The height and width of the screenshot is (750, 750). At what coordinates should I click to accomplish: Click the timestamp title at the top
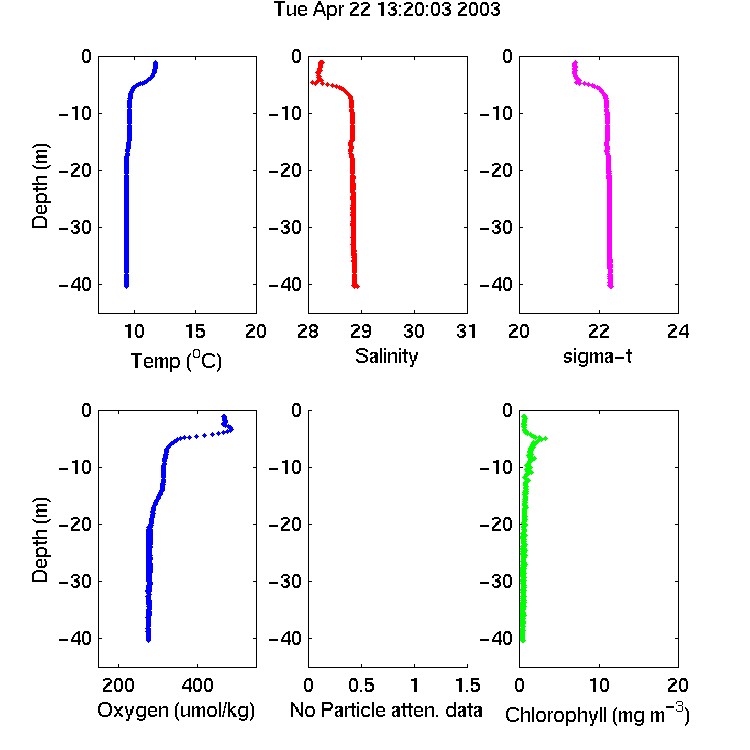click(x=386, y=10)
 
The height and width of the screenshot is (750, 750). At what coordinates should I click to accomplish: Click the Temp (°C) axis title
click(x=176, y=360)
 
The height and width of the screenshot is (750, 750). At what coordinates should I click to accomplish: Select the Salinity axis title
click(x=386, y=356)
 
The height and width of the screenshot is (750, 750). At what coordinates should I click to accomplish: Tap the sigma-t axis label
click(x=597, y=356)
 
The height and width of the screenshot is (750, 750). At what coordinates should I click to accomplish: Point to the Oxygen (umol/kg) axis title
click(x=176, y=710)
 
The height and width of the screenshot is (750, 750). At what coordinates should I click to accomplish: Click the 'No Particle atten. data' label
click(x=386, y=710)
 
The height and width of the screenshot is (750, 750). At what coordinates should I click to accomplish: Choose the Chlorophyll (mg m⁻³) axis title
click(x=597, y=714)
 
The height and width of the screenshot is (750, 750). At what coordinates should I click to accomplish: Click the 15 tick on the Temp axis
click(x=195, y=331)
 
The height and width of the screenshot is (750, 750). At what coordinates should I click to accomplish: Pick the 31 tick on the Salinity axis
click(x=466, y=331)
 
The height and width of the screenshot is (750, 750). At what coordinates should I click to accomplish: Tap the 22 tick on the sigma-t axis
click(x=599, y=331)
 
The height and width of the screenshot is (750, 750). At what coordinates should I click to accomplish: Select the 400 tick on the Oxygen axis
click(x=197, y=685)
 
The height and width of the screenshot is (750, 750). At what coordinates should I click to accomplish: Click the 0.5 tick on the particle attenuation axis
click(x=361, y=685)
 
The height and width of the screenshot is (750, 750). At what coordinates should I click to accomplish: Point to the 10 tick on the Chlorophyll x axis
click(x=599, y=685)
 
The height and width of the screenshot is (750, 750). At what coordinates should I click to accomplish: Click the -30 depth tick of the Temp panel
click(x=75, y=227)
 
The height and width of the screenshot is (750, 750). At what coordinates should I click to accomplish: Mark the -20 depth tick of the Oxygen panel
click(x=75, y=524)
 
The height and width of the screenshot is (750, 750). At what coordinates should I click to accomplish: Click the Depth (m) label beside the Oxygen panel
click(x=40, y=540)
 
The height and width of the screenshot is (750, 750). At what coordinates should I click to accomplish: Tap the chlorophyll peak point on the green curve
click(x=544, y=438)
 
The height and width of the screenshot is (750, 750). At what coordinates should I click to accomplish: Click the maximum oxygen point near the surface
click(x=232, y=429)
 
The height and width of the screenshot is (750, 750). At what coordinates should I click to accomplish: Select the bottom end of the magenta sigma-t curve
click(x=611, y=286)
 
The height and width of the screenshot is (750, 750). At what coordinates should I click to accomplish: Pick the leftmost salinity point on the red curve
click(x=313, y=82)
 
